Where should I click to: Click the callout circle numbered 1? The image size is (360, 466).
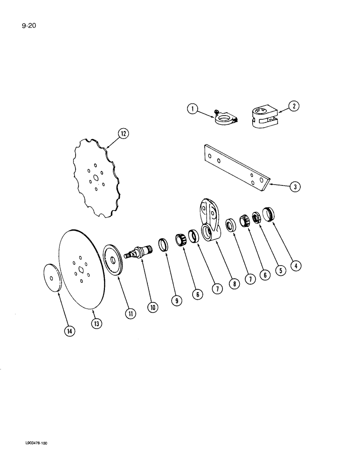[x=192, y=110]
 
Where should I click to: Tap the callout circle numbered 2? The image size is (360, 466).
[x=293, y=106]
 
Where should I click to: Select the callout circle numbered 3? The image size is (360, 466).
[x=295, y=187]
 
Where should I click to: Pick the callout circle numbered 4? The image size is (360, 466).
[x=295, y=267]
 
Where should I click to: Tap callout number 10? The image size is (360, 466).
[x=153, y=307]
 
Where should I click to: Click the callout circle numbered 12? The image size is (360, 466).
[x=123, y=134]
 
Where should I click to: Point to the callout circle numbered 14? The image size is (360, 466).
[x=69, y=331]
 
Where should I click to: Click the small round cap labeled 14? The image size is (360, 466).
[x=52, y=278]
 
